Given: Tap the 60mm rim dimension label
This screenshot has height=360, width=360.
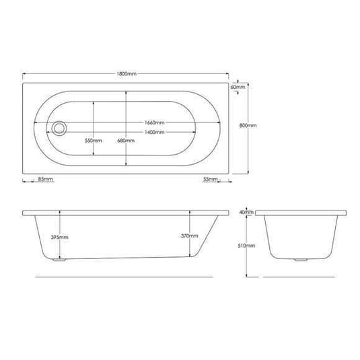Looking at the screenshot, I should click(x=237, y=87).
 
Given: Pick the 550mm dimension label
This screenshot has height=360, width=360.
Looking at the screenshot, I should click(x=93, y=141).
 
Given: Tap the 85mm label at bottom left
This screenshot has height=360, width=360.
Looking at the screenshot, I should click(x=45, y=179).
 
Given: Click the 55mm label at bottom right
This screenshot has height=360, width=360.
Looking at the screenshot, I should click(x=211, y=179).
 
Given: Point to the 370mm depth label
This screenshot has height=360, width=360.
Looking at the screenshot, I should click(x=189, y=236).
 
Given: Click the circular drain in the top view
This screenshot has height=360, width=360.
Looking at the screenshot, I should click(x=61, y=127).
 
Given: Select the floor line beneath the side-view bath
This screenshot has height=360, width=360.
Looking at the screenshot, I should click(x=121, y=277).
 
